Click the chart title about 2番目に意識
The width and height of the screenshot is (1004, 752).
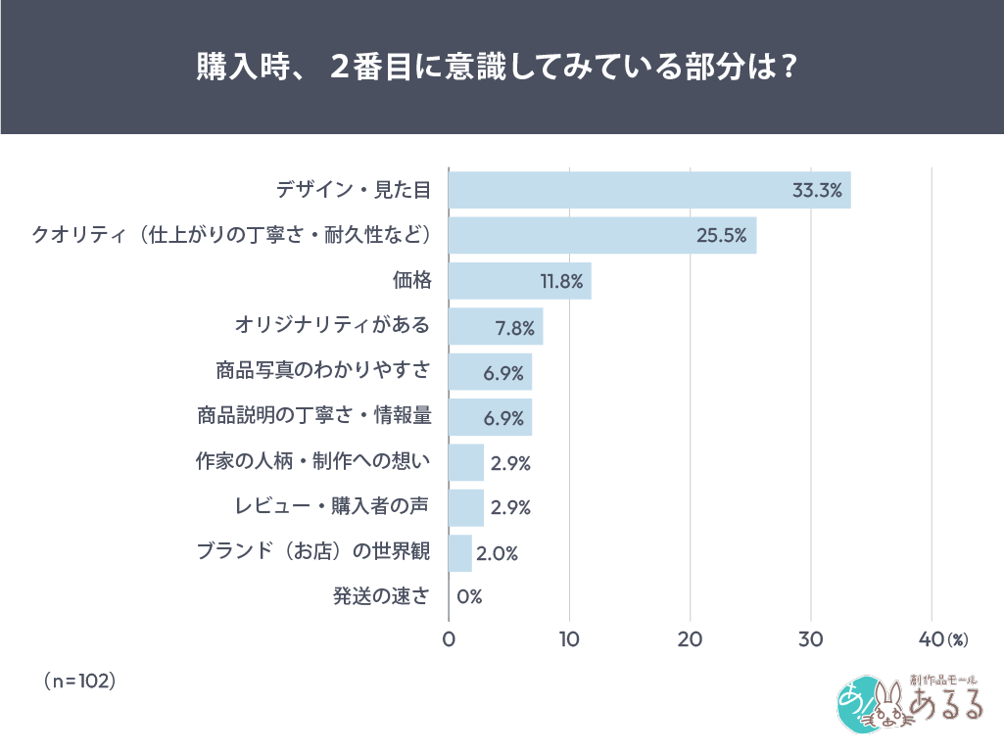(x=502, y=68)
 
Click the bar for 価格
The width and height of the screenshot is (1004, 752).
(x=519, y=281)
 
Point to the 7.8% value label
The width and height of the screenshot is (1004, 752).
(x=514, y=327)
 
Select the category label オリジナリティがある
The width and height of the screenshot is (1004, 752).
(x=332, y=325)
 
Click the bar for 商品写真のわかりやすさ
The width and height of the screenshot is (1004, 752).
(x=490, y=372)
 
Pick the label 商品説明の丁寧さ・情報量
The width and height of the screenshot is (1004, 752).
(x=313, y=415)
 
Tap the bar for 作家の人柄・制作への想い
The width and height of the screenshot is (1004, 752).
(x=466, y=462)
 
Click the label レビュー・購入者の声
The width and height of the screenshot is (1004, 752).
(x=332, y=506)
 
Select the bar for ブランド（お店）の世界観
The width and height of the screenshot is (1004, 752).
(x=460, y=552)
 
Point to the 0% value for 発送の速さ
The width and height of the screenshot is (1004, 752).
(x=469, y=597)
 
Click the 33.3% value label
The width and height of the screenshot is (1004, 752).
(x=817, y=191)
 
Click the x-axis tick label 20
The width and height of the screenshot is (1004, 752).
(x=691, y=639)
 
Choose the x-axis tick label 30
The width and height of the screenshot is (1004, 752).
(x=811, y=639)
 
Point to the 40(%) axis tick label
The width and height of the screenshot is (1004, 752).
(x=942, y=639)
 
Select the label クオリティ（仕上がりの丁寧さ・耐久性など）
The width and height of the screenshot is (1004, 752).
(x=231, y=235)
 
